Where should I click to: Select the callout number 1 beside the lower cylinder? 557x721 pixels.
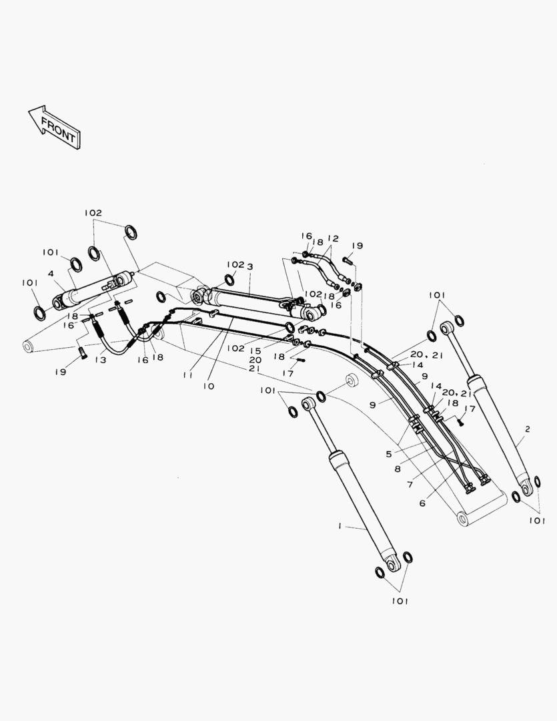pyautogui.click(x=340, y=526)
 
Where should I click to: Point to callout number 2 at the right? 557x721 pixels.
pyautogui.click(x=527, y=429)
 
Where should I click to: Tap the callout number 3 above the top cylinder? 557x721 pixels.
pyautogui.click(x=249, y=266)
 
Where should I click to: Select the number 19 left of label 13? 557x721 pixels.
pyautogui.click(x=61, y=372)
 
